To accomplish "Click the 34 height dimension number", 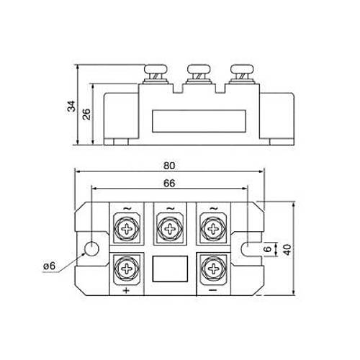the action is tap(71, 106).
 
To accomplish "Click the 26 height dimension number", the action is tap(86, 114).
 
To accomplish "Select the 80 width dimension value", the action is tap(169, 166).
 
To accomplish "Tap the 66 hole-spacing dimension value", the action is tap(169, 184).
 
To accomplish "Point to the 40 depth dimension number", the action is tap(287, 249).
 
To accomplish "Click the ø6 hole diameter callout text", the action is tap(50, 266).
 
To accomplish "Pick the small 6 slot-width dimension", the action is tap(267, 249).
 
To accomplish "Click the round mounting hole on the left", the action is tap(92, 249).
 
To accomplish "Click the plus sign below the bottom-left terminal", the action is tap(126, 290).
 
